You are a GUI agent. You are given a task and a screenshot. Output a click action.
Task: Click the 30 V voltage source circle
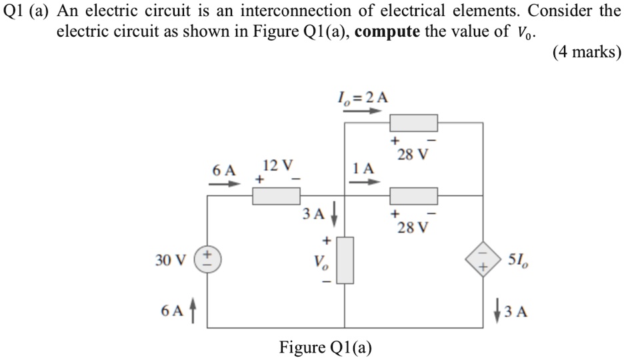[x=207, y=259]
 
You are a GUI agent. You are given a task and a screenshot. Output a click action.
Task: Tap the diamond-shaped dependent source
[x=483, y=259]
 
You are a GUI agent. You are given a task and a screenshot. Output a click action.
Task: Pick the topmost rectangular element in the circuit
[x=413, y=123]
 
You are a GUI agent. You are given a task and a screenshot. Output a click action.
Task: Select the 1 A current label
[x=363, y=169]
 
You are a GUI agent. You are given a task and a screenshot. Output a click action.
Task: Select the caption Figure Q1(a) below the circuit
[x=325, y=347]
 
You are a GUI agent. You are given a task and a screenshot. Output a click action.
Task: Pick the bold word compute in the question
[x=387, y=32]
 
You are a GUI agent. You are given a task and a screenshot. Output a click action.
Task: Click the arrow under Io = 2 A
[x=362, y=111]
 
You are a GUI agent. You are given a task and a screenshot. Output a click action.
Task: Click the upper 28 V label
[x=412, y=155]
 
